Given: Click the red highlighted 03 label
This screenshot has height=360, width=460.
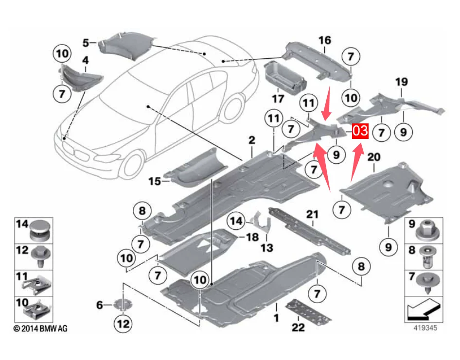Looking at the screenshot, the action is click(x=360, y=130).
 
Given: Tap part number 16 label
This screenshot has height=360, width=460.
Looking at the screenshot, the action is click(x=325, y=40).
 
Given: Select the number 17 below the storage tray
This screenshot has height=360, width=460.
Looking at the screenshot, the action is click(x=278, y=99).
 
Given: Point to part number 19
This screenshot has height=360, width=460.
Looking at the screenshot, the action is click(x=402, y=82).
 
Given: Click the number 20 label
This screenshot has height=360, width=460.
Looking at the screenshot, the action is click(x=374, y=157).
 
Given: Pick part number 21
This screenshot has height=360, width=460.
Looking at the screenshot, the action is click(x=312, y=214).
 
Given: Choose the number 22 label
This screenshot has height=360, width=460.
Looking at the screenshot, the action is click(x=299, y=327).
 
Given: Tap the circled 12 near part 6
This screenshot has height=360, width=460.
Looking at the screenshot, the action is click(x=123, y=324).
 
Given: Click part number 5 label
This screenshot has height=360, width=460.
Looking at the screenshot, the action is click(x=86, y=43).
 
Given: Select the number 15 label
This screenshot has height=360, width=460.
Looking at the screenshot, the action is click(x=155, y=182).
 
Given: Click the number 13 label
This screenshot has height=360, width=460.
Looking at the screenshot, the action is click(x=267, y=248).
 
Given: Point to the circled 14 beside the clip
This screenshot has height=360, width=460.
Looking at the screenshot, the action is click(x=236, y=221).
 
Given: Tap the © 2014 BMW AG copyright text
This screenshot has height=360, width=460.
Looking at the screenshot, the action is click(x=40, y=328).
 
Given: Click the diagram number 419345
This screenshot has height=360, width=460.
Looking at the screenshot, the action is click(x=425, y=327).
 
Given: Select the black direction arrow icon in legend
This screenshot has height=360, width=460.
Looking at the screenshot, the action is click(x=424, y=309).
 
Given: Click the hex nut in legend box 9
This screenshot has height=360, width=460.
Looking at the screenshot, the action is click(x=428, y=231).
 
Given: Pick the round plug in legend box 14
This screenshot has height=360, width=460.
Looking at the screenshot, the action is click(x=40, y=231).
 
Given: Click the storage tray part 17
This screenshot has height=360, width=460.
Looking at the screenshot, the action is click(x=284, y=77).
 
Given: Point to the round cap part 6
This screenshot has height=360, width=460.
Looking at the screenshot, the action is click(x=123, y=305).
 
